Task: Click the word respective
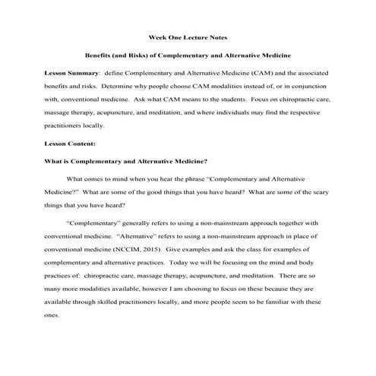[x=311, y=112]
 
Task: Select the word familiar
[x=285, y=302]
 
